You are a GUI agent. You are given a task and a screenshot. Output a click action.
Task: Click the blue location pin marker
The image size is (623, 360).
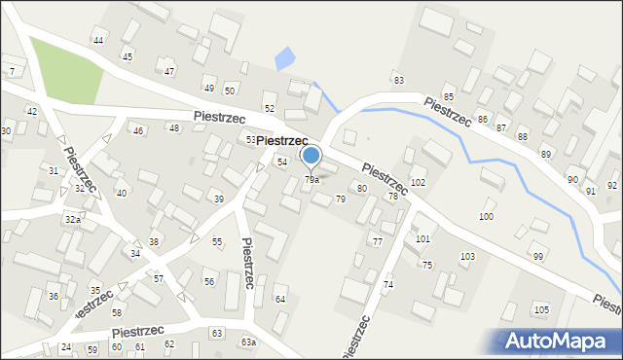click(x=311, y=156)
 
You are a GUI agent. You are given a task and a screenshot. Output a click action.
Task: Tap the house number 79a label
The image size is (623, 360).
click(x=311, y=179)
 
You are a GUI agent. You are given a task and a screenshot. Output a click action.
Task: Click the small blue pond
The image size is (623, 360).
click(x=284, y=60)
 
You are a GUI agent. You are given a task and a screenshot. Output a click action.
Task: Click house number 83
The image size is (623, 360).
click(x=398, y=79)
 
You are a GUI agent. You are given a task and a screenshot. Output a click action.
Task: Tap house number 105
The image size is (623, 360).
click(x=541, y=309)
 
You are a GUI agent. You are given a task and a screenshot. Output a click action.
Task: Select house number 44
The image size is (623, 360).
click(x=98, y=40)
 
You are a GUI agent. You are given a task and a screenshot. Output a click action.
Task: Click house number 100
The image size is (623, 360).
click(x=486, y=216)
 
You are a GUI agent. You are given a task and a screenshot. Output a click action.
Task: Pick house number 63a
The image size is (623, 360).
click(x=249, y=342)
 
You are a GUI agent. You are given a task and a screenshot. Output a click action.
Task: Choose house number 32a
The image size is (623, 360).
click(x=72, y=220)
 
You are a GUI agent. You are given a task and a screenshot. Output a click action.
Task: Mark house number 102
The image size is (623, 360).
click(x=418, y=182)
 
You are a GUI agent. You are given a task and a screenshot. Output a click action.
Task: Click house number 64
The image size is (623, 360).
click(x=280, y=299)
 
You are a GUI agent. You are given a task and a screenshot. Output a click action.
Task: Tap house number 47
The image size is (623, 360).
click(x=169, y=72)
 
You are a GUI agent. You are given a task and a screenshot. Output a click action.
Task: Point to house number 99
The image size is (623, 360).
click(x=537, y=256)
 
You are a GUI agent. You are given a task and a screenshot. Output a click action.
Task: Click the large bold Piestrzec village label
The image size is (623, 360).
click(x=282, y=142)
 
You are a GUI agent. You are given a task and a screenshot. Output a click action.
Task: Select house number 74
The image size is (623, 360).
click(x=387, y=284)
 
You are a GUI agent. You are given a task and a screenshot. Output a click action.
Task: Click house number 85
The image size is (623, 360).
click(x=449, y=97)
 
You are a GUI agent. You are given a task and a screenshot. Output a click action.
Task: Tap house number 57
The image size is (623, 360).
click(x=158, y=278)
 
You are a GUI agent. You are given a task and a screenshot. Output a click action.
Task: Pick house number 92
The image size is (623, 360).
click(x=612, y=185)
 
